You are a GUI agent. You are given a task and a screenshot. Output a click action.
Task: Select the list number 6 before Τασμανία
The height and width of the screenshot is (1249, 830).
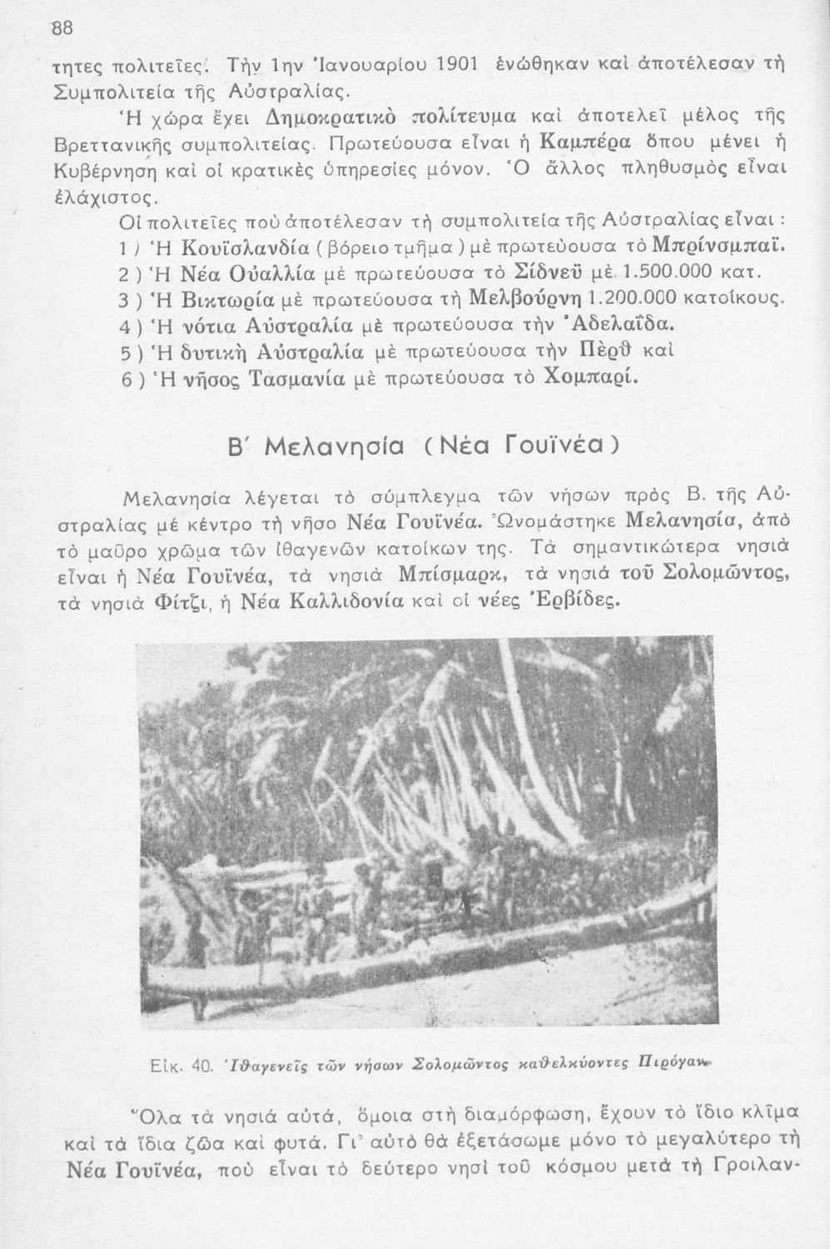(124, 379)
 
